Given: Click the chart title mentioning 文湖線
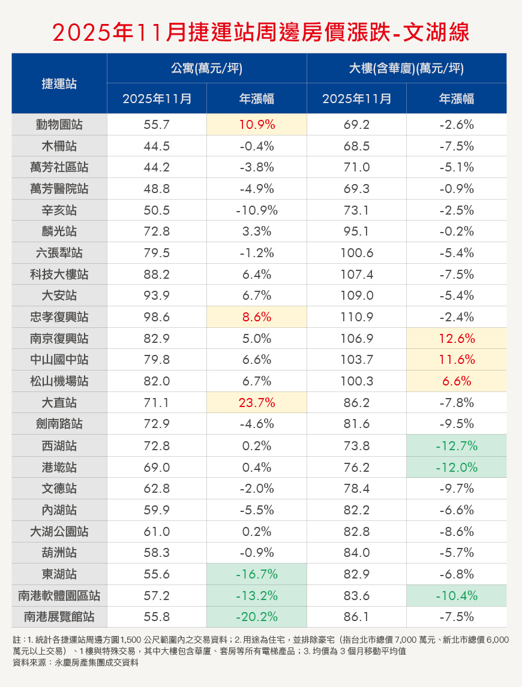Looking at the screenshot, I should (x=260, y=32).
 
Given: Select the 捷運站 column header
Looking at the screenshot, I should (x=59, y=83).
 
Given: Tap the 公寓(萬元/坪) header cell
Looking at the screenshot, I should (x=206, y=68).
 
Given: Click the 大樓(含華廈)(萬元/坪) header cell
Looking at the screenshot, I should (x=406, y=68).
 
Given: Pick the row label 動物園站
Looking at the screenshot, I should (x=59, y=125).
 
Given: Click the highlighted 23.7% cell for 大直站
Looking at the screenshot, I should (x=256, y=403).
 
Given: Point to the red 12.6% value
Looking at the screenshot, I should (x=457, y=339).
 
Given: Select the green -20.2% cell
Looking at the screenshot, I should (x=256, y=616).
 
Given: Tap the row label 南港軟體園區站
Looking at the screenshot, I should (x=59, y=595).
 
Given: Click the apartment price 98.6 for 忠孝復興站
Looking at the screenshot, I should (x=157, y=317).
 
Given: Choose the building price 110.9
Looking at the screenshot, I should (x=356, y=317).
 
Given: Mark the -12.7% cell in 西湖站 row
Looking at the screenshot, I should (x=457, y=445).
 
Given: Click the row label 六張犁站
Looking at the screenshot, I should (x=59, y=253).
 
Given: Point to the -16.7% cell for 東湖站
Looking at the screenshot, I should (x=256, y=574).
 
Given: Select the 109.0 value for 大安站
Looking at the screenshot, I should (x=356, y=296).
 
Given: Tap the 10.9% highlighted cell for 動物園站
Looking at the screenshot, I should (x=256, y=125).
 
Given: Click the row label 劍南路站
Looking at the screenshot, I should (x=59, y=424).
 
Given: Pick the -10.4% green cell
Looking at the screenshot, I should (x=457, y=595).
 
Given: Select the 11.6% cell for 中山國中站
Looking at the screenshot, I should (x=457, y=360).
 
